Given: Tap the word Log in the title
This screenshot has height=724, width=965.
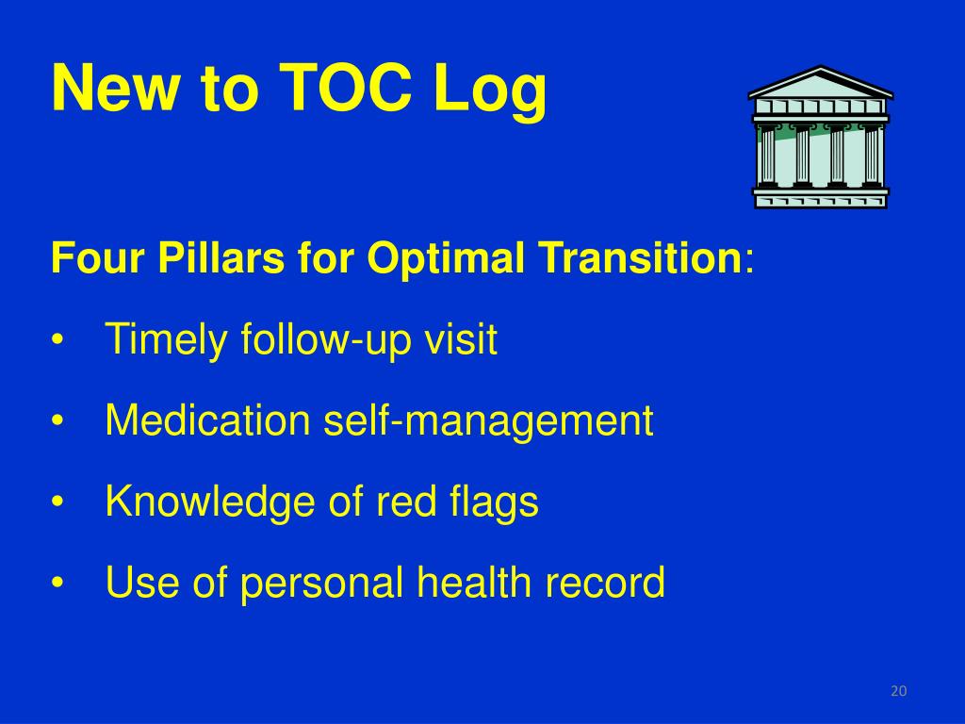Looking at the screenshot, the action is pos(490,91).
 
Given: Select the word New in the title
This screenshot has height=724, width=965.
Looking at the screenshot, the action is pos(115,88).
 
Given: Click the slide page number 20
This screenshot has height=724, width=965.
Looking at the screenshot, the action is pos(898,691).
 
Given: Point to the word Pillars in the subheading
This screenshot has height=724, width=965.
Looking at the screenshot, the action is pos(221,257).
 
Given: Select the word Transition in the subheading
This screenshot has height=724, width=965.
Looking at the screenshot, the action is pos(641,257).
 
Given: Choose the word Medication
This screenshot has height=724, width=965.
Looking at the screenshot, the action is pos(207,420).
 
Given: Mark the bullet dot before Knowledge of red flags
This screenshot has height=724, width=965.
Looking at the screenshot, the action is pos(57,502).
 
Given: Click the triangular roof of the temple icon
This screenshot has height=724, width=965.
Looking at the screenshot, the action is pos(821,83).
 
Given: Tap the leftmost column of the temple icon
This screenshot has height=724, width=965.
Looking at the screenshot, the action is pos(768,156).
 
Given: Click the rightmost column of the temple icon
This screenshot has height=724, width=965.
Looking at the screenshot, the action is pos(872,156).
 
